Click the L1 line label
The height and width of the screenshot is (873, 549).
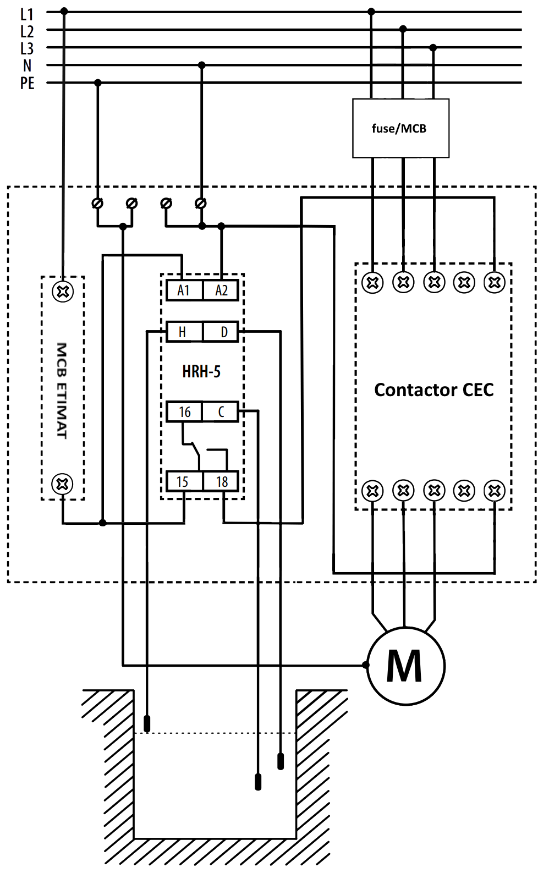pos(27,14)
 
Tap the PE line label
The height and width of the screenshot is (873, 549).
pos(27,84)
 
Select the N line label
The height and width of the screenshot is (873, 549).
pos(27,66)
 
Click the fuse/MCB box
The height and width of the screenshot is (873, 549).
pos(400,128)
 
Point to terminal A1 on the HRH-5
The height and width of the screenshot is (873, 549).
pos(184,290)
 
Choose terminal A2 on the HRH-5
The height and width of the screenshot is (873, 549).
pos(221,290)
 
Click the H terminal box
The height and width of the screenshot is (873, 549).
pos(183,332)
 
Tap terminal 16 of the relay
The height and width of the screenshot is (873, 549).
pos(184,411)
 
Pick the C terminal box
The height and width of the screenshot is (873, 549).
pos(221,411)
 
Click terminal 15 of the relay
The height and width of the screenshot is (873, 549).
pos(183,482)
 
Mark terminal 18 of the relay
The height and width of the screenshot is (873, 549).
pos(222,482)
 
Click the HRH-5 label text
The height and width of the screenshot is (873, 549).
pos(201,372)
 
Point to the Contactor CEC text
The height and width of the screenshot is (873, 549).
pos(434,390)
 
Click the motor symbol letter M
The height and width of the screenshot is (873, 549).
pos(405,666)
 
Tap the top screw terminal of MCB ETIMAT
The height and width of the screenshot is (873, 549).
pos(63,291)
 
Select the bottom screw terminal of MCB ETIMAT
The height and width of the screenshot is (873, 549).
pos(62,484)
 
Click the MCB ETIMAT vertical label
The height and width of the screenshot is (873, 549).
pos(62,391)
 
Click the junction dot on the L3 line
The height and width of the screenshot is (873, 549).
pos(433,48)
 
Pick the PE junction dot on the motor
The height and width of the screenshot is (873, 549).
pos(366,665)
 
